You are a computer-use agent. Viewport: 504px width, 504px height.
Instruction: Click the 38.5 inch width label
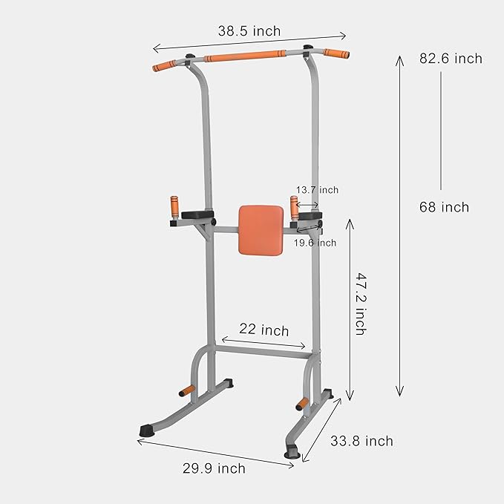coord(249,31)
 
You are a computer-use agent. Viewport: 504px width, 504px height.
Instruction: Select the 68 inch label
coord(444,208)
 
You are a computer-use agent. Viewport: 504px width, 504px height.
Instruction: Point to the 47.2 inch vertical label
coord(359,304)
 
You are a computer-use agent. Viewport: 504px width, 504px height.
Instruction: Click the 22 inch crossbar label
coord(264,330)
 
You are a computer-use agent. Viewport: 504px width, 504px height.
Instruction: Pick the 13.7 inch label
coord(317,190)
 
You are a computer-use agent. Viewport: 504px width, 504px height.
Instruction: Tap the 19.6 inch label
coord(315,243)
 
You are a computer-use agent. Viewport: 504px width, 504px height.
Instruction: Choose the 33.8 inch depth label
coord(361,442)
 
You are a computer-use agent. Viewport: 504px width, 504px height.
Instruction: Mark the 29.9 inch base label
coord(213,468)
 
